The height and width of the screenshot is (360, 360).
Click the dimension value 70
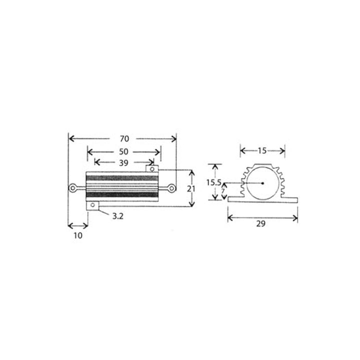[x=122, y=138]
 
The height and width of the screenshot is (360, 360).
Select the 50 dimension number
[x=123, y=151]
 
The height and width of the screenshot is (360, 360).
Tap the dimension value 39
[x=123, y=162]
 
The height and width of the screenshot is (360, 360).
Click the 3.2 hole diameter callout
[x=118, y=216]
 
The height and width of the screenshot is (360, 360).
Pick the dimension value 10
[x=78, y=235]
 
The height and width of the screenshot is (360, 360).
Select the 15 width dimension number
[x=262, y=150]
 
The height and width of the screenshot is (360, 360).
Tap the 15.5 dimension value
[x=213, y=182]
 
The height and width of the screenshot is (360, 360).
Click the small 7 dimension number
[x=223, y=191]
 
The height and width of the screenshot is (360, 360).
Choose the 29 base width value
[x=260, y=224]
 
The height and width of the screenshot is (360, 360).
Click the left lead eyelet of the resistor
[x=73, y=188]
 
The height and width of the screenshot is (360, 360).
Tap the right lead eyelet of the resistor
[x=171, y=188]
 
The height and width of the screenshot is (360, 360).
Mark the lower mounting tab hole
[x=92, y=205]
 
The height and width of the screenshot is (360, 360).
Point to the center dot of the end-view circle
[x=262, y=182]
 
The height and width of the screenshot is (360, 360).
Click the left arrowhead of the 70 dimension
[x=70, y=138]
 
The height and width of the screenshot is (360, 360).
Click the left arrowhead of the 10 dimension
[x=70, y=226]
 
